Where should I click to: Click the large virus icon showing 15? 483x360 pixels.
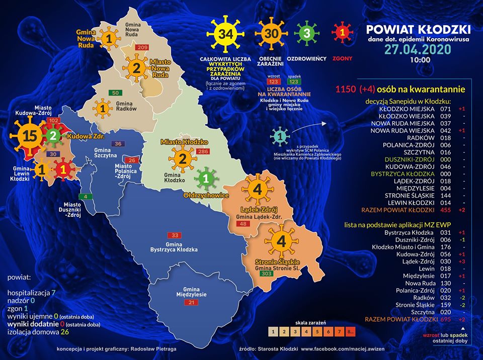click(29, 136)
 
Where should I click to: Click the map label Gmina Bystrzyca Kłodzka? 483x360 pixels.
click(174, 246)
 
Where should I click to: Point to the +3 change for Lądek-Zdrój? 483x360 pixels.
click(461, 261)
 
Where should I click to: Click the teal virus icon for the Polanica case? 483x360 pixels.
click(278, 136)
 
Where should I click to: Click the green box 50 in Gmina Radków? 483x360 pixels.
click(115, 93)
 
